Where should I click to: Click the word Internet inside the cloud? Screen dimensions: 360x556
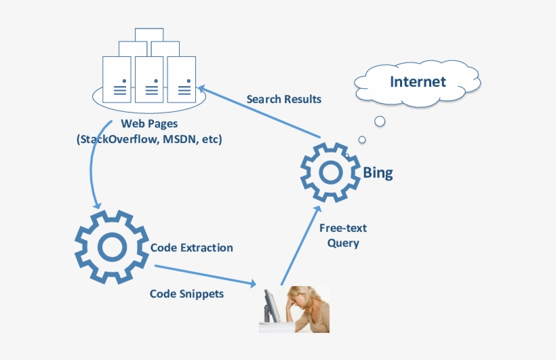point(418,82)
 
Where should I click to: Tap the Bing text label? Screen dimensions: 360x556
point(378,173)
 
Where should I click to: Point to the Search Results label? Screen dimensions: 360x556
point(284,99)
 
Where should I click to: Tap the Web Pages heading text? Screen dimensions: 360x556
point(149,124)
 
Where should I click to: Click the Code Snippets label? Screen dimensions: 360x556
point(186,294)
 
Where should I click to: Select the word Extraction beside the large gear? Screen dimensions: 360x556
point(207,247)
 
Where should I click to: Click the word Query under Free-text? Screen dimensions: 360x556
point(343,243)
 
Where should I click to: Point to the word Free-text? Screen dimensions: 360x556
point(343,228)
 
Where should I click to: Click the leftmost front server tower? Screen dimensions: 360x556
point(117,78)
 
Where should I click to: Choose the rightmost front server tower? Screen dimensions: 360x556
point(182,78)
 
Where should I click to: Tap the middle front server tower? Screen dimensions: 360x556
point(149,78)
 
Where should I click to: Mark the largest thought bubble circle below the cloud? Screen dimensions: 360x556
point(380,121)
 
